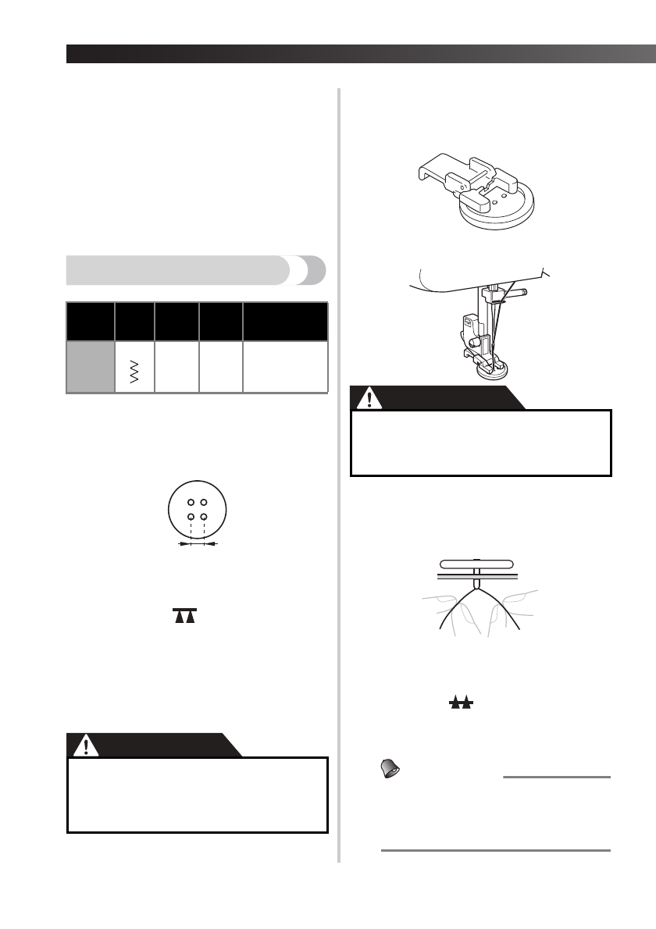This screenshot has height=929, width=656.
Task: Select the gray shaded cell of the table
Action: pos(90,366)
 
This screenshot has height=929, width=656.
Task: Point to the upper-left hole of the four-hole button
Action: pos(189,501)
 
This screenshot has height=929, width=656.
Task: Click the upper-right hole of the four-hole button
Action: pos(203,501)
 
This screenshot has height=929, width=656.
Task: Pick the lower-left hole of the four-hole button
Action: pos(189,517)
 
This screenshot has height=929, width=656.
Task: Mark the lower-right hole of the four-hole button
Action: pos(203,517)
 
